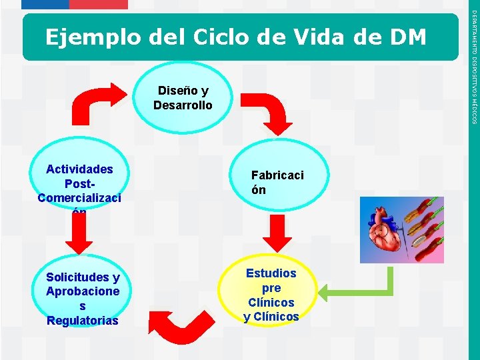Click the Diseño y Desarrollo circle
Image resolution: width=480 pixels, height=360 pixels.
(183, 98)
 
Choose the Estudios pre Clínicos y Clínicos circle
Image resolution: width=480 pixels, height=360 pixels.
(271, 294)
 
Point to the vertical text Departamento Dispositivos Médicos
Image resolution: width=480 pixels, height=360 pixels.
(473, 67)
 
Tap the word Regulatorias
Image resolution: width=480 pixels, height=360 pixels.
(83, 321)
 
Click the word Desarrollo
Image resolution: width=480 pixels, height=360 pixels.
(183, 105)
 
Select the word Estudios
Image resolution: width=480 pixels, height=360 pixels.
(271, 273)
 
